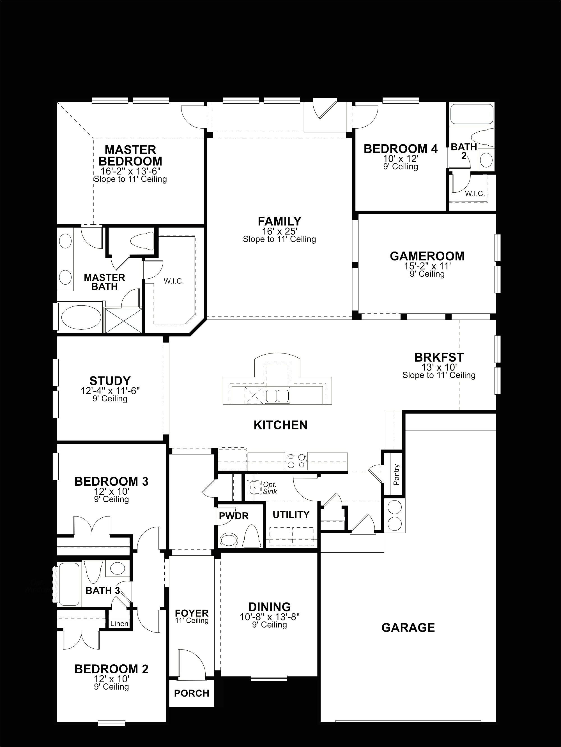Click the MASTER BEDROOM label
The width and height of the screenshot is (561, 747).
(130, 155)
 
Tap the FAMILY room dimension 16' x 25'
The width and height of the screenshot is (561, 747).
(279, 231)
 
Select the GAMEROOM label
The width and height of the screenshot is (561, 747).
(427, 256)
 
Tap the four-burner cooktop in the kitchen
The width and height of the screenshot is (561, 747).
(296, 461)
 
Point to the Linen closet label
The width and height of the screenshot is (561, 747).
(119, 624)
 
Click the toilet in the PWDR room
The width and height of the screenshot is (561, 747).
(251, 537)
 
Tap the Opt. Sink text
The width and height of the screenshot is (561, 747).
(270, 488)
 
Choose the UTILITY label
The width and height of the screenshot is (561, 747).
(291, 515)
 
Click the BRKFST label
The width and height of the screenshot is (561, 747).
(439, 357)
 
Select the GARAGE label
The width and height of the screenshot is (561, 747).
(408, 628)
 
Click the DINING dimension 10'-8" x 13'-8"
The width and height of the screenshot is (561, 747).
(270, 617)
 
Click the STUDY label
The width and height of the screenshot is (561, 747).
(110, 381)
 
